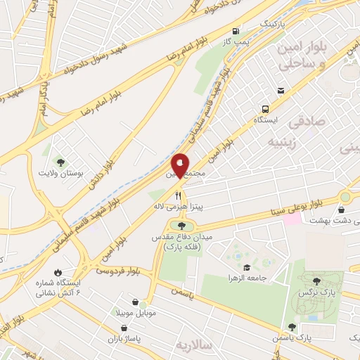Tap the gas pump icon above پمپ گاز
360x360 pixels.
(x=235, y=31)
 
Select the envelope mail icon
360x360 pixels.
(x=281, y=91)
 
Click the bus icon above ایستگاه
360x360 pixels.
(x=265, y=108)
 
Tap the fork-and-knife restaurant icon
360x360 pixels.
(x=179, y=195)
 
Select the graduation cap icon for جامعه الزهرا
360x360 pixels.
(x=247, y=267)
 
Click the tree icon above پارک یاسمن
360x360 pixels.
(x=291, y=327)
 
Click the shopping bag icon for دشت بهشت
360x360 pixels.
(x=341, y=210)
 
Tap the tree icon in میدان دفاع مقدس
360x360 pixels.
(x=183, y=226)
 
